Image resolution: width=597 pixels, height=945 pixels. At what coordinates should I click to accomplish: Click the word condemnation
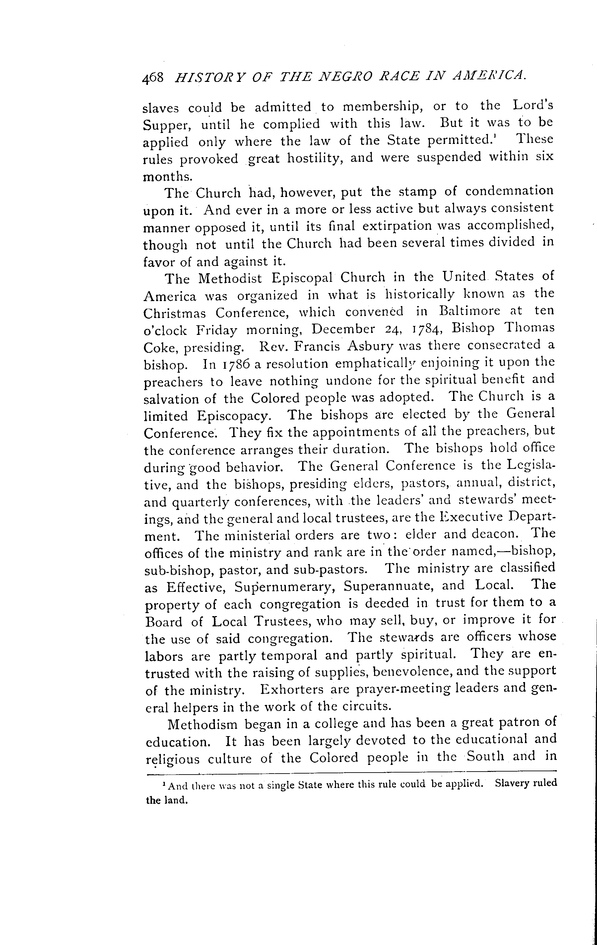click(x=509, y=191)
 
